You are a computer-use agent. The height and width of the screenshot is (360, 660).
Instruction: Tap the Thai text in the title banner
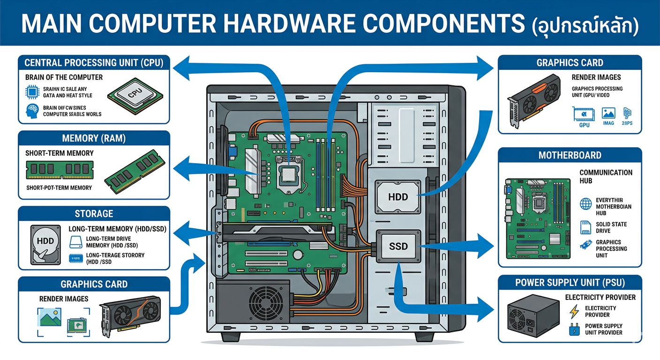click(586, 23)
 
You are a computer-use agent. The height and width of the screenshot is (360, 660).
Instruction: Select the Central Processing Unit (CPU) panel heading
click(94, 63)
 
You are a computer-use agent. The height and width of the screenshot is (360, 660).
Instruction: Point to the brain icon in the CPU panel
click(30, 111)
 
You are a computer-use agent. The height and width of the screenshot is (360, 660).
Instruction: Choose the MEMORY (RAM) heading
click(94, 138)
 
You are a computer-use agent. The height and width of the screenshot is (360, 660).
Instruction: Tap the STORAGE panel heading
click(94, 214)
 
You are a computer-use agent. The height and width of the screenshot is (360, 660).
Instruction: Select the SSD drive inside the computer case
click(398, 245)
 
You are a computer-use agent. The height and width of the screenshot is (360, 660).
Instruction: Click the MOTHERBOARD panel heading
click(570, 155)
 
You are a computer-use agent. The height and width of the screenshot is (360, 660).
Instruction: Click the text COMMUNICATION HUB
click(606, 176)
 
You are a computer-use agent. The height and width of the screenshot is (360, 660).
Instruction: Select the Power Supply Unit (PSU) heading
click(570, 283)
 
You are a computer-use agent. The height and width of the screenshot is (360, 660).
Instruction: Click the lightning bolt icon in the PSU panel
click(574, 311)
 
